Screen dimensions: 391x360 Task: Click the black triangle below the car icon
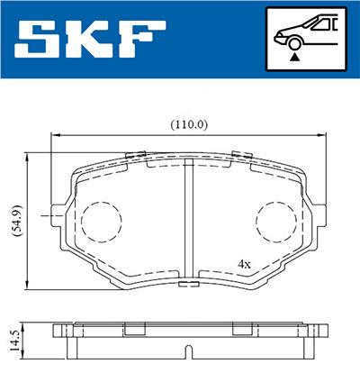click(x=294, y=56)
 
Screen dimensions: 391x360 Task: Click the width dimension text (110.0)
click(x=189, y=123)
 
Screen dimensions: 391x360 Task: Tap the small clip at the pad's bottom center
click(x=189, y=285)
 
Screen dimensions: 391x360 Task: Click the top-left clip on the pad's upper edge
click(x=136, y=154)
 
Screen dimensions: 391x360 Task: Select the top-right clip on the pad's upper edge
click(x=241, y=154)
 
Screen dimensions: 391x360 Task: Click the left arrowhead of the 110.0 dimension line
click(x=50, y=133)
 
